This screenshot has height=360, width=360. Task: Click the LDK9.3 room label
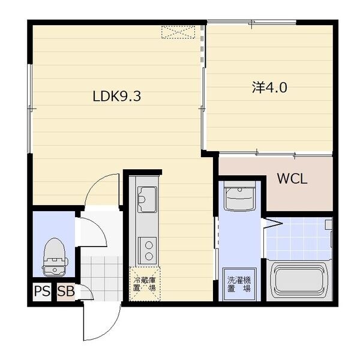pos(117,96)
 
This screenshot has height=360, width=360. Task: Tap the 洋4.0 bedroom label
pos(269,87)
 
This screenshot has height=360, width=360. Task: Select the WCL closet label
pos(292,179)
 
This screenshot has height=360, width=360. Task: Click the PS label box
pos(42,292)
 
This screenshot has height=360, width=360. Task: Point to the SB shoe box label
pos(66,292)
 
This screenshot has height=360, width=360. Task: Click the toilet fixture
pos(55,257)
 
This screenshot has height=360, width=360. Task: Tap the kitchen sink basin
pos(147,200)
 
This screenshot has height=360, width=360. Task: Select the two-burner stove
pos(148,251)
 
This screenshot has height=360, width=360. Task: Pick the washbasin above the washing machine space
pos(239,196)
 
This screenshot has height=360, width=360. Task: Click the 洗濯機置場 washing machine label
pos(239,284)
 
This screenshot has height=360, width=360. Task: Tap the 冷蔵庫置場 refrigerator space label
pos(145,284)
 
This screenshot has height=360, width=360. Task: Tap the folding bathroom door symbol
pos(273,223)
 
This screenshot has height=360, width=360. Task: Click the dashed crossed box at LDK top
pos(178,32)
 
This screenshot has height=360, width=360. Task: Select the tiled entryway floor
pos(101,278)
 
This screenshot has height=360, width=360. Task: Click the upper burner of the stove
pos(149,245)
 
